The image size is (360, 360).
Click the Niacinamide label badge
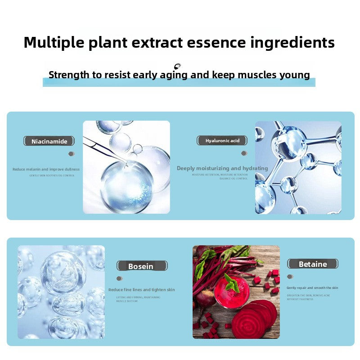pos(49,141)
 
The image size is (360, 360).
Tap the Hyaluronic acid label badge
pos(222,141)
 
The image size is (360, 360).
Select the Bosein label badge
pos(140,266)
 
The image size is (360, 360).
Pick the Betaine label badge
pos(313,264)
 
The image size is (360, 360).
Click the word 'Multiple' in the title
pos(54,43)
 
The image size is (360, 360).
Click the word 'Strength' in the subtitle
pos(69,75)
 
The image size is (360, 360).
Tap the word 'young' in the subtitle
pos(294,75)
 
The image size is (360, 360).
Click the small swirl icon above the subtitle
pos(177,66)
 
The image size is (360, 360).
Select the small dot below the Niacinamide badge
pos(71,154)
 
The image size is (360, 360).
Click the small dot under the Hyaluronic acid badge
pos(244,153)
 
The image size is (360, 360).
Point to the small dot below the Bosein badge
pos(119,279)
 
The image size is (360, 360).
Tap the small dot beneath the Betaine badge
pos(290,277)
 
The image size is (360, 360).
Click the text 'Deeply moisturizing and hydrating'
pos(222,168)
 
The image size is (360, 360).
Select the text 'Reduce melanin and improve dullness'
pos(46,169)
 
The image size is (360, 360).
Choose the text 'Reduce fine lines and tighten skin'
pos(141,290)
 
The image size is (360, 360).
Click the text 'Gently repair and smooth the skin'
pos(312,288)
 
